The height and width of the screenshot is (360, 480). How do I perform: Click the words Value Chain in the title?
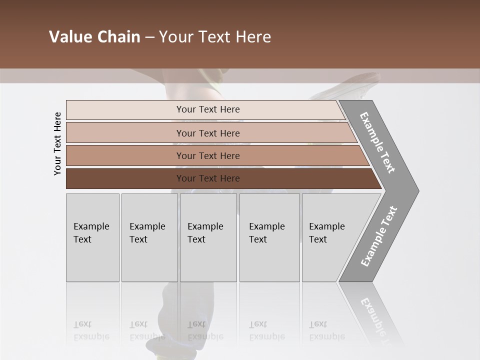pyautogui.click(x=94, y=37)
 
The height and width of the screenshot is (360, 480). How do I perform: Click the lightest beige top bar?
pyautogui.click(x=125, y=109)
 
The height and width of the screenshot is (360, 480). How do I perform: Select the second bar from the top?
pyautogui.click(x=125, y=133)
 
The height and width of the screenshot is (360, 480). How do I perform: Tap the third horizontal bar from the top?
pyautogui.click(x=125, y=155)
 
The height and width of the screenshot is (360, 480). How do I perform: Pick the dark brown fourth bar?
pyautogui.click(x=125, y=178)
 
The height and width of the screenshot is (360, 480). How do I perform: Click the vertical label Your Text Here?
pyautogui.click(x=57, y=143)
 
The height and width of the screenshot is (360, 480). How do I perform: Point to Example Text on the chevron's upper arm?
pyautogui.click(x=377, y=142)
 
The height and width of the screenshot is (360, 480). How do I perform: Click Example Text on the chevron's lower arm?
pyautogui.click(x=379, y=236)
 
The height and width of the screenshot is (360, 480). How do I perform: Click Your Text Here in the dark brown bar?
pyautogui.click(x=208, y=178)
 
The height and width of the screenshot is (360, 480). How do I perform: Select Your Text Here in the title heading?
pyautogui.click(x=215, y=37)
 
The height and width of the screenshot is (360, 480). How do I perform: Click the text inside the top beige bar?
pyautogui.click(x=208, y=109)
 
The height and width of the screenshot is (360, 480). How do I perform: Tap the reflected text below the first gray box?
pyautogui.click(x=91, y=330)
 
